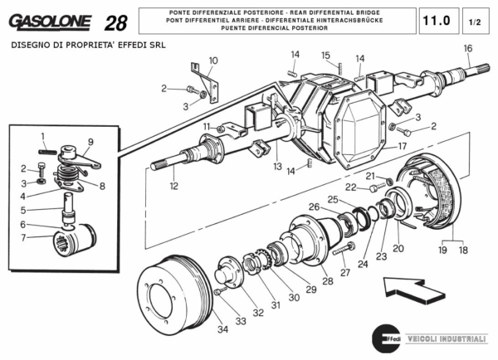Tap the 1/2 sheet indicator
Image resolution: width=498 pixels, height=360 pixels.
[475, 19]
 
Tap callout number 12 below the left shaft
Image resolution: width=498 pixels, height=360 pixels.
[173, 187]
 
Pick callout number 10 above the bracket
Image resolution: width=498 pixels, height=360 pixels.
[213, 61]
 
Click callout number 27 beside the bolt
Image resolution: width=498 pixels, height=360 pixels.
[344, 272]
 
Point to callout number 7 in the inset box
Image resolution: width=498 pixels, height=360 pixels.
[24, 238]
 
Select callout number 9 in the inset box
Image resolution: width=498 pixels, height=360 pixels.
[90, 142]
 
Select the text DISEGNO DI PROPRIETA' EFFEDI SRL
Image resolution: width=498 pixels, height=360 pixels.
[88, 45]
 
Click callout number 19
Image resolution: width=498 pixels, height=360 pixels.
[442, 249]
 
